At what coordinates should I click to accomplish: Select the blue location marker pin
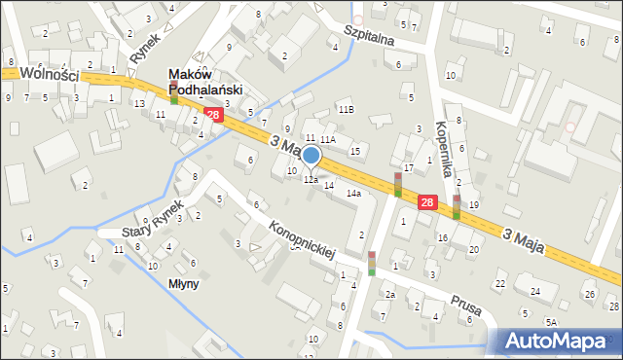pos(311,156)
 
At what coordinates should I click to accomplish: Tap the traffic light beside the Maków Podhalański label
pos(173,92)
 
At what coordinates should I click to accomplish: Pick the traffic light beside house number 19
pos(456,206)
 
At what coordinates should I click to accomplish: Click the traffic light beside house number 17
pos(397,184)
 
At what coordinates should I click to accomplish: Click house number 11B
pos(346,109)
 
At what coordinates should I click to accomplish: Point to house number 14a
pos(354,194)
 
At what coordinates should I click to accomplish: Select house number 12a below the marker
pos(311,180)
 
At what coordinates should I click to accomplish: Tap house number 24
pos(534,291)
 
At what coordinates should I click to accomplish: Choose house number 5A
pos(551,321)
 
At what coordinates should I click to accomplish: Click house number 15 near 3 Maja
pos(355,151)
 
